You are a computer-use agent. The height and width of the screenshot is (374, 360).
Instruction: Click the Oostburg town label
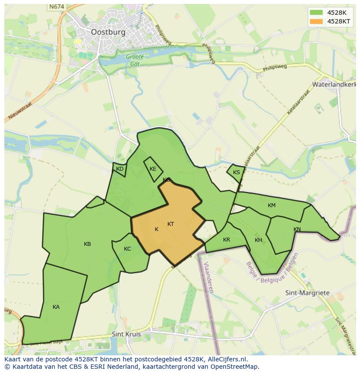click(x=108, y=32)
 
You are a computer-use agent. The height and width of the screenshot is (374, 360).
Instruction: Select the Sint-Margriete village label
click(x=307, y=293)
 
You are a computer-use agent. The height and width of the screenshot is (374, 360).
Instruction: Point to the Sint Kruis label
click(x=126, y=334)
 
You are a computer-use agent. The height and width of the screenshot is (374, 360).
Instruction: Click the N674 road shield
click(x=56, y=7)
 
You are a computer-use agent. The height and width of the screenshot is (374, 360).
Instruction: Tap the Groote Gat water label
click(x=135, y=60)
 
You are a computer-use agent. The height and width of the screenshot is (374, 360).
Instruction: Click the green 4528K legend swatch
click(x=316, y=12)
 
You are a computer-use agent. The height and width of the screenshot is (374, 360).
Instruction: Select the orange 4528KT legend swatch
click(x=316, y=21)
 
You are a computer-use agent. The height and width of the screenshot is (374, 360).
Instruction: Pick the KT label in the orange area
click(x=170, y=224)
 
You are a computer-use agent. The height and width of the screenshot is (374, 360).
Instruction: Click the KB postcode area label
click(x=87, y=244)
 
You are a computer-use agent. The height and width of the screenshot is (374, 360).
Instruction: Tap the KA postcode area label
click(x=56, y=307)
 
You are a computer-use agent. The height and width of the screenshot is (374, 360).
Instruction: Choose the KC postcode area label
click(x=127, y=249)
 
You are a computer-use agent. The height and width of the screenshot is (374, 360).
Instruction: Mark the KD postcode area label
click(x=120, y=169)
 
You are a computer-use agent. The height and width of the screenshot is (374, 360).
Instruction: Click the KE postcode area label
click(x=153, y=169)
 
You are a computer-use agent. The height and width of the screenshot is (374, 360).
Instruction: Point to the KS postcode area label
click(x=237, y=172)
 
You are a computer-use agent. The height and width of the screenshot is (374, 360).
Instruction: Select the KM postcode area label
click(x=272, y=205)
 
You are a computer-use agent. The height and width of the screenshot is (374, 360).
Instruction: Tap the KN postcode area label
click(x=297, y=229)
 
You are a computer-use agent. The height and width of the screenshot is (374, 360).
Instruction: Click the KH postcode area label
click(x=259, y=240)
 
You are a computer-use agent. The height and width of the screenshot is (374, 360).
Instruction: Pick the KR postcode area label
click(x=227, y=240)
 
